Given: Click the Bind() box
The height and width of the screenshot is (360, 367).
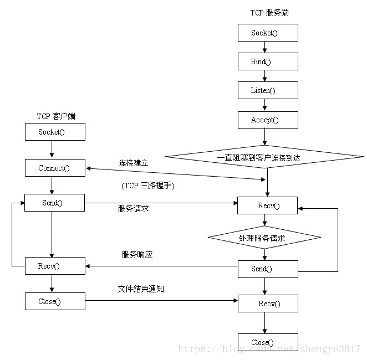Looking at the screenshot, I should point(268,61).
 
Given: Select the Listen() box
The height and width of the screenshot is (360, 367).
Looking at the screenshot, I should point(268,90).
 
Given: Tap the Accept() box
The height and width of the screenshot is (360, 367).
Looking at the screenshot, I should point(268,120).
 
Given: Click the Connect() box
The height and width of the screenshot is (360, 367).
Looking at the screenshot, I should point(55,168).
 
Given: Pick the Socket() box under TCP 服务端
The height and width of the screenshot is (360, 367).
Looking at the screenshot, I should point(268,33).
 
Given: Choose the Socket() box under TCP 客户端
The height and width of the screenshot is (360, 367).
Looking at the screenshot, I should point(55,132).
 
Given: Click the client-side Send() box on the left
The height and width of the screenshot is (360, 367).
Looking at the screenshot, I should point(55,203).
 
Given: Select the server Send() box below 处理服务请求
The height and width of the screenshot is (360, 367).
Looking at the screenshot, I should point(268,269).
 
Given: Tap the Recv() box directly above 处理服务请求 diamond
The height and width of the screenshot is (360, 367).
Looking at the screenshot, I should point(268,206).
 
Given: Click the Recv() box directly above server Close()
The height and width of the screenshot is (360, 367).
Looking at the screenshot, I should point(268,304).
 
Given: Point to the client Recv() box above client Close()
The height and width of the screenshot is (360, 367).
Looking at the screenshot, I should point(55,266).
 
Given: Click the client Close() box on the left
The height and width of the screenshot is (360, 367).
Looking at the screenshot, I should point(55,301).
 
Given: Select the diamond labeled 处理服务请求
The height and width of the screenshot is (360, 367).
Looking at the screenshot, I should point(264,238).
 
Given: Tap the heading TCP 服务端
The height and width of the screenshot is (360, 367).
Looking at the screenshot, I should point(269,13).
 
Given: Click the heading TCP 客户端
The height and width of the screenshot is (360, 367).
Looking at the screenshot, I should point(56,116).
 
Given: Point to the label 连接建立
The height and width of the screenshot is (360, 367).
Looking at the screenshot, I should point(134,163).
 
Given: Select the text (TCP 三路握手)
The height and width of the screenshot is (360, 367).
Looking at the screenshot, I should point(147,186).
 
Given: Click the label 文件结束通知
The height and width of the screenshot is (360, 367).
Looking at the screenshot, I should point(141,289).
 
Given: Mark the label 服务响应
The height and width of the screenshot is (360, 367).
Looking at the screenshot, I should point(137,255).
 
